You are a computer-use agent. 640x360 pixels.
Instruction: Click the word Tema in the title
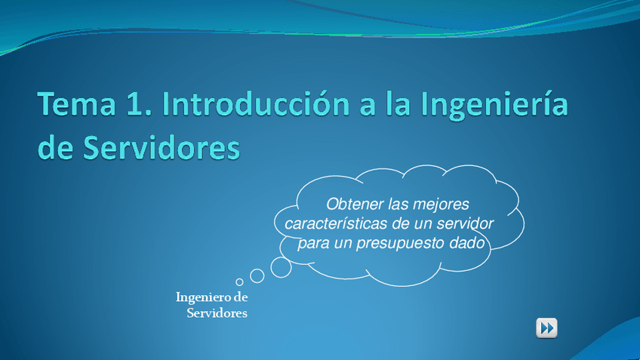click(77, 103)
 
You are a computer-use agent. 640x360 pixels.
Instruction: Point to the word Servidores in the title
click(162, 147)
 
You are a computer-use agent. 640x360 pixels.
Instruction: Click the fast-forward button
click(546, 328)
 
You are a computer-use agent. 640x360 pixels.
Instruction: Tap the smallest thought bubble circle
click(239, 282)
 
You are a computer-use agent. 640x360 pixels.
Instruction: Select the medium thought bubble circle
click(257, 276)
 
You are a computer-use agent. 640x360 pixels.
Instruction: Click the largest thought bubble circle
click(282, 267)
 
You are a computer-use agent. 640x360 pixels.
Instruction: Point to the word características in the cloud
click(336, 223)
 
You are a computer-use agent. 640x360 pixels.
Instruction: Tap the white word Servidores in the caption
click(217, 313)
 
